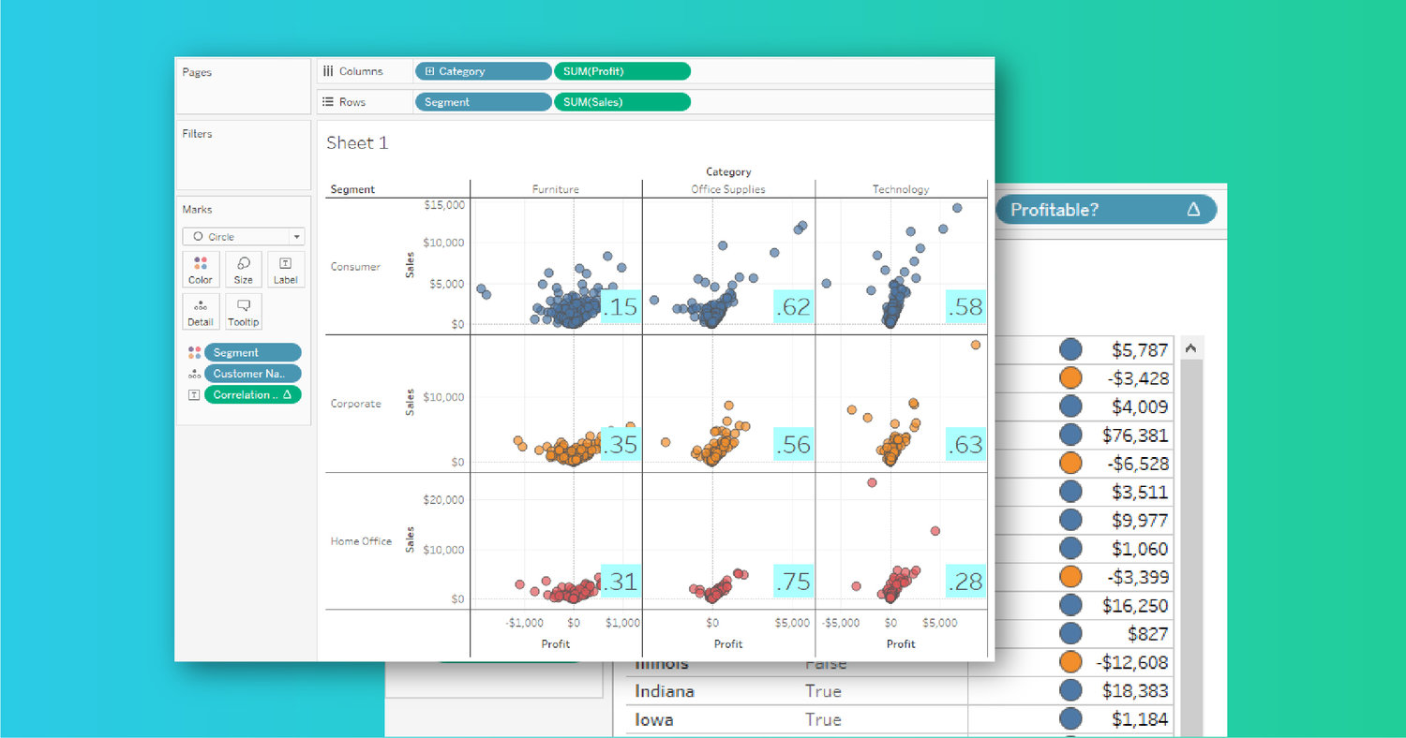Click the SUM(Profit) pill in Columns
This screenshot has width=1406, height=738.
click(x=621, y=71)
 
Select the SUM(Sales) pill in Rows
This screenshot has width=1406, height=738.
click(x=621, y=102)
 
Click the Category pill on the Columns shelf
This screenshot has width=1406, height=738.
click(x=483, y=71)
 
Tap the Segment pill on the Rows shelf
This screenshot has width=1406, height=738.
click(x=483, y=102)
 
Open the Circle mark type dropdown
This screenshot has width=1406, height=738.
click(x=244, y=237)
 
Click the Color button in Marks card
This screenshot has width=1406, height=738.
click(x=201, y=270)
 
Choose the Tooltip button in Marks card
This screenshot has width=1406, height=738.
click(x=244, y=312)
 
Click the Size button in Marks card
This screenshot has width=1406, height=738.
click(x=244, y=270)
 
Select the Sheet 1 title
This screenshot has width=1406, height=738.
click(x=357, y=143)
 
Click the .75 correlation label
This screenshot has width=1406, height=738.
click(x=793, y=582)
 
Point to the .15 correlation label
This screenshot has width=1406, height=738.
click(x=620, y=306)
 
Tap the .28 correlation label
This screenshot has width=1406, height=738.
click(x=965, y=582)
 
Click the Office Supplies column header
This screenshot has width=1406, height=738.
click(x=728, y=189)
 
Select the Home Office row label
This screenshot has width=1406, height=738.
click(x=361, y=541)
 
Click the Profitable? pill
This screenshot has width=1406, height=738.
click(x=1105, y=210)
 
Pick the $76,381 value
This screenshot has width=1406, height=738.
click(x=1140, y=435)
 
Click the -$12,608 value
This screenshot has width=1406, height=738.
click(x=1131, y=662)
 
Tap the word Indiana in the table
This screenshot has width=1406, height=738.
click(x=665, y=691)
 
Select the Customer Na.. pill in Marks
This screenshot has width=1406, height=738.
click(x=252, y=374)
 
